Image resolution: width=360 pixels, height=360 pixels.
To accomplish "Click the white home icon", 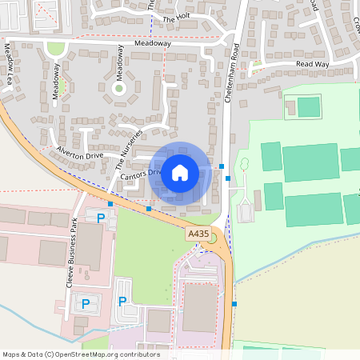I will point(180,171).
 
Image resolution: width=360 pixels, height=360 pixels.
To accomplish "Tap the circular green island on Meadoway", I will point(119,88).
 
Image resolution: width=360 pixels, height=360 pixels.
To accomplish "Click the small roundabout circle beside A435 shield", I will point(212,238).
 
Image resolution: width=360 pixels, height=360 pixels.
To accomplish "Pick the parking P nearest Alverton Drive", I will point(102,218).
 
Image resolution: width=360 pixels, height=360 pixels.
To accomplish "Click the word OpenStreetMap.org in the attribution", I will point(86,354).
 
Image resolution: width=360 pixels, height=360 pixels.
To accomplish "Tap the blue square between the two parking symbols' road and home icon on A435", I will point(149,209).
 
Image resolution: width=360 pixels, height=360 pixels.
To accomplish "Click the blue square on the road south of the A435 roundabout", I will point(234,303).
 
